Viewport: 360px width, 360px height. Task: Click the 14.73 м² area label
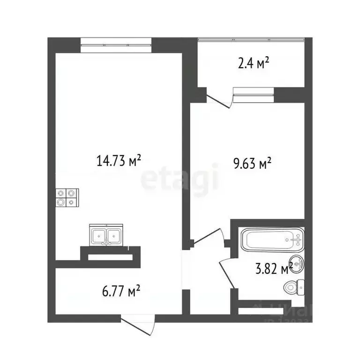click(119, 161)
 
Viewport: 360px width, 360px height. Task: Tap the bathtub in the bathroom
click(272, 240)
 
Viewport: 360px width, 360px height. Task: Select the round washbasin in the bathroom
click(297, 263)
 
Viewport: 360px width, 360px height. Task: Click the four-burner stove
click(67, 197)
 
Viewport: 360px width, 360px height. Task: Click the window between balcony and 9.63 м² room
click(253, 95)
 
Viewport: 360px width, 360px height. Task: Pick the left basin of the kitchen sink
click(99, 235)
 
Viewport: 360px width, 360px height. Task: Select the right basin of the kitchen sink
click(115, 235)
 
